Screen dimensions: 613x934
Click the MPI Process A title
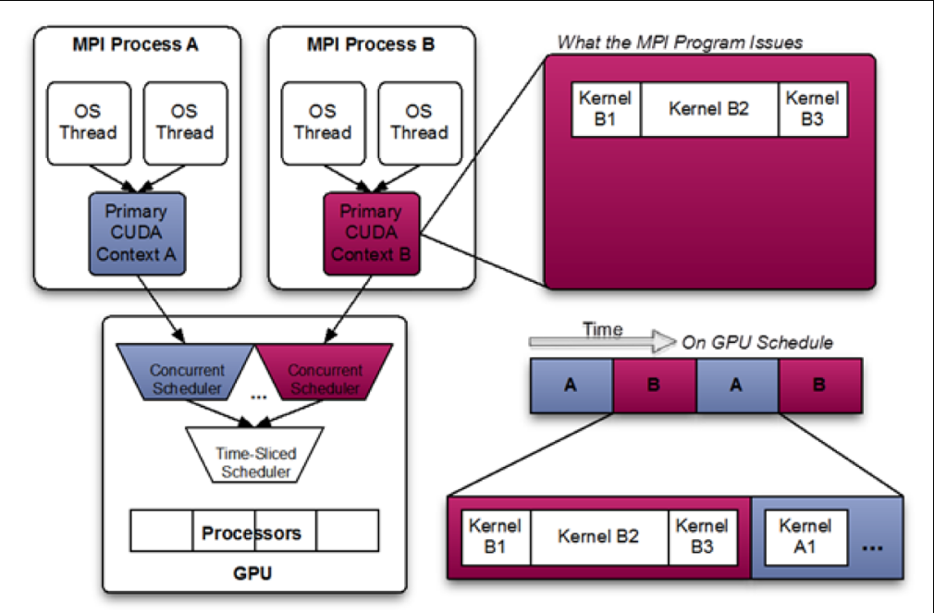point(137,44)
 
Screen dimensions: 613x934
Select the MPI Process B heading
point(370,44)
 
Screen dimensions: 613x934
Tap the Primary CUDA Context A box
point(137,231)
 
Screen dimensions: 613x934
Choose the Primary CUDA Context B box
point(371,231)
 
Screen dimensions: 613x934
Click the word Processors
point(252,533)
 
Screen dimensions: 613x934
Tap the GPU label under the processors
point(252,573)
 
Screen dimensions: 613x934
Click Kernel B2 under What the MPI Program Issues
point(709,109)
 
